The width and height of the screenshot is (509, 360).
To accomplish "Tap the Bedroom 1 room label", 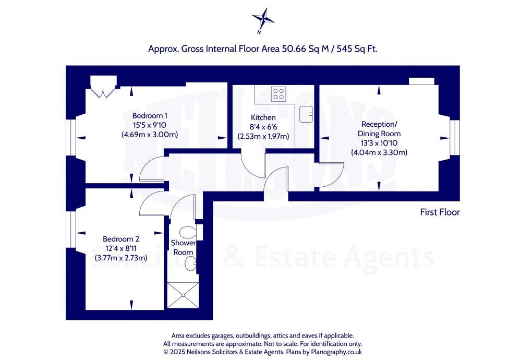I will click(150, 115).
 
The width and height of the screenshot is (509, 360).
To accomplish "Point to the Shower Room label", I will click(183, 247).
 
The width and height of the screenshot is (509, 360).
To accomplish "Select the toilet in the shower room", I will click(188, 232).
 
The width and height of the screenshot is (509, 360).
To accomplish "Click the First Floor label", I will click(440, 212).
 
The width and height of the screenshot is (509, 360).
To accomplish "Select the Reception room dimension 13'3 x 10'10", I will click(379, 143).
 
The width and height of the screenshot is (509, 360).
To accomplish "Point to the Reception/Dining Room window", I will click(454, 138).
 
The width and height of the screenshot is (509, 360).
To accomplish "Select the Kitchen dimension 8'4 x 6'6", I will click(263, 127).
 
